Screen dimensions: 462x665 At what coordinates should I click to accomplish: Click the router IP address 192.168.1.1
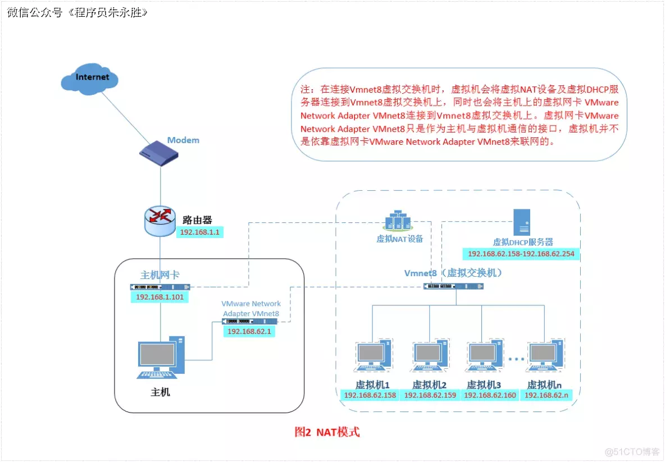point(199,231)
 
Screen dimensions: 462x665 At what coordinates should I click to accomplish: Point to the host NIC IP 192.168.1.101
point(160,297)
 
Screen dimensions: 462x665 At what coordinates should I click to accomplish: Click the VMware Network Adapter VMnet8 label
point(250,308)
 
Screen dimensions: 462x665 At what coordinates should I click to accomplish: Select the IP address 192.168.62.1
point(249,332)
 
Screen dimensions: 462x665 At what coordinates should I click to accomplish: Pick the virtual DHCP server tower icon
point(522,222)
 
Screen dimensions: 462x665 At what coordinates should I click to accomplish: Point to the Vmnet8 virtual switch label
point(453,273)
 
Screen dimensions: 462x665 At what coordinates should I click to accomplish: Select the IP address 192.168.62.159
point(430,395)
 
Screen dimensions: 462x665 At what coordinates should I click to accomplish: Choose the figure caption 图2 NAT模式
point(327,432)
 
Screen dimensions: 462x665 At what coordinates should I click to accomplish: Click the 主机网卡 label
point(160,275)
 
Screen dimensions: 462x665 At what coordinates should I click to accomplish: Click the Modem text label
point(183,140)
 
